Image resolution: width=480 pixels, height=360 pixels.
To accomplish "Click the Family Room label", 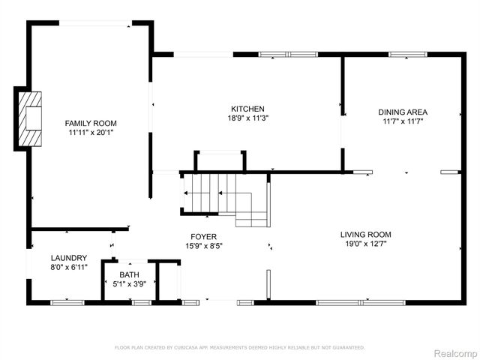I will pyautogui.click(x=91, y=123).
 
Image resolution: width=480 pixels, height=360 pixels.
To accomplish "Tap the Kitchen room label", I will pyautogui.click(x=247, y=109).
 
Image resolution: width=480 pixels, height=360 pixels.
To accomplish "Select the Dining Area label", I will pyautogui.click(x=403, y=112).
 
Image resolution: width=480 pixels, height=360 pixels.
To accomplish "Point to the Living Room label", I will pyautogui.click(x=366, y=234).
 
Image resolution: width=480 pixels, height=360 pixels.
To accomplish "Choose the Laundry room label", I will pyautogui.click(x=69, y=257).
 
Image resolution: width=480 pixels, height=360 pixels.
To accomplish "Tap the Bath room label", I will pyautogui.click(x=130, y=274).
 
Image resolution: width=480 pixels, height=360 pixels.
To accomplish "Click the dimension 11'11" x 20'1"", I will pyautogui.click(x=91, y=132).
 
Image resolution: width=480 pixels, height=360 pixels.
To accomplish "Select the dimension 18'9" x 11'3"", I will pyautogui.click(x=247, y=118).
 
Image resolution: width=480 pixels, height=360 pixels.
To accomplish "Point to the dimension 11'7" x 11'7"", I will pyautogui.click(x=403, y=121).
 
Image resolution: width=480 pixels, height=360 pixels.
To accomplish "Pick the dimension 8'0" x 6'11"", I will pyautogui.click(x=69, y=266).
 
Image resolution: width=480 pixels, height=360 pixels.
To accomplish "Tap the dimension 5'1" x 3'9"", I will pyautogui.click(x=130, y=283).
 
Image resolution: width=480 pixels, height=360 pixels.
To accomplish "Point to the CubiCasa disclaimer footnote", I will pyautogui.click(x=239, y=347).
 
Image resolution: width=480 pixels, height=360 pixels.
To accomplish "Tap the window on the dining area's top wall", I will pyautogui.click(x=407, y=54).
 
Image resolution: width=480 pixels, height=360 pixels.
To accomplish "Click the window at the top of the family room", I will pyautogui.click(x=94, y=24).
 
